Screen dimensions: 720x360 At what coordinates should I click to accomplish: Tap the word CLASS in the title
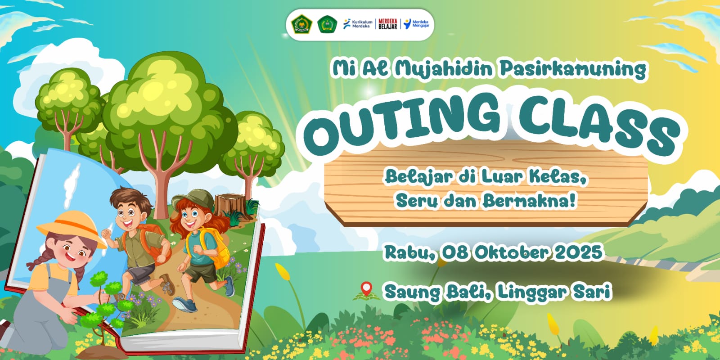(x=599, y=126)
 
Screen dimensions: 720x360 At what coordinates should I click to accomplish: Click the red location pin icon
(x=366, y=289)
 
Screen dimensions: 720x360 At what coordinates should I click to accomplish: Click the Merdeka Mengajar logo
(x=416, y=24)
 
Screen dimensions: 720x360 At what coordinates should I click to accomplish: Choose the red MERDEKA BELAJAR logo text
(x=387, y=24)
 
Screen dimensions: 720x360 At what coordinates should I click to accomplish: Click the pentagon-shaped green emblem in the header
(x=301, y=24)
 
